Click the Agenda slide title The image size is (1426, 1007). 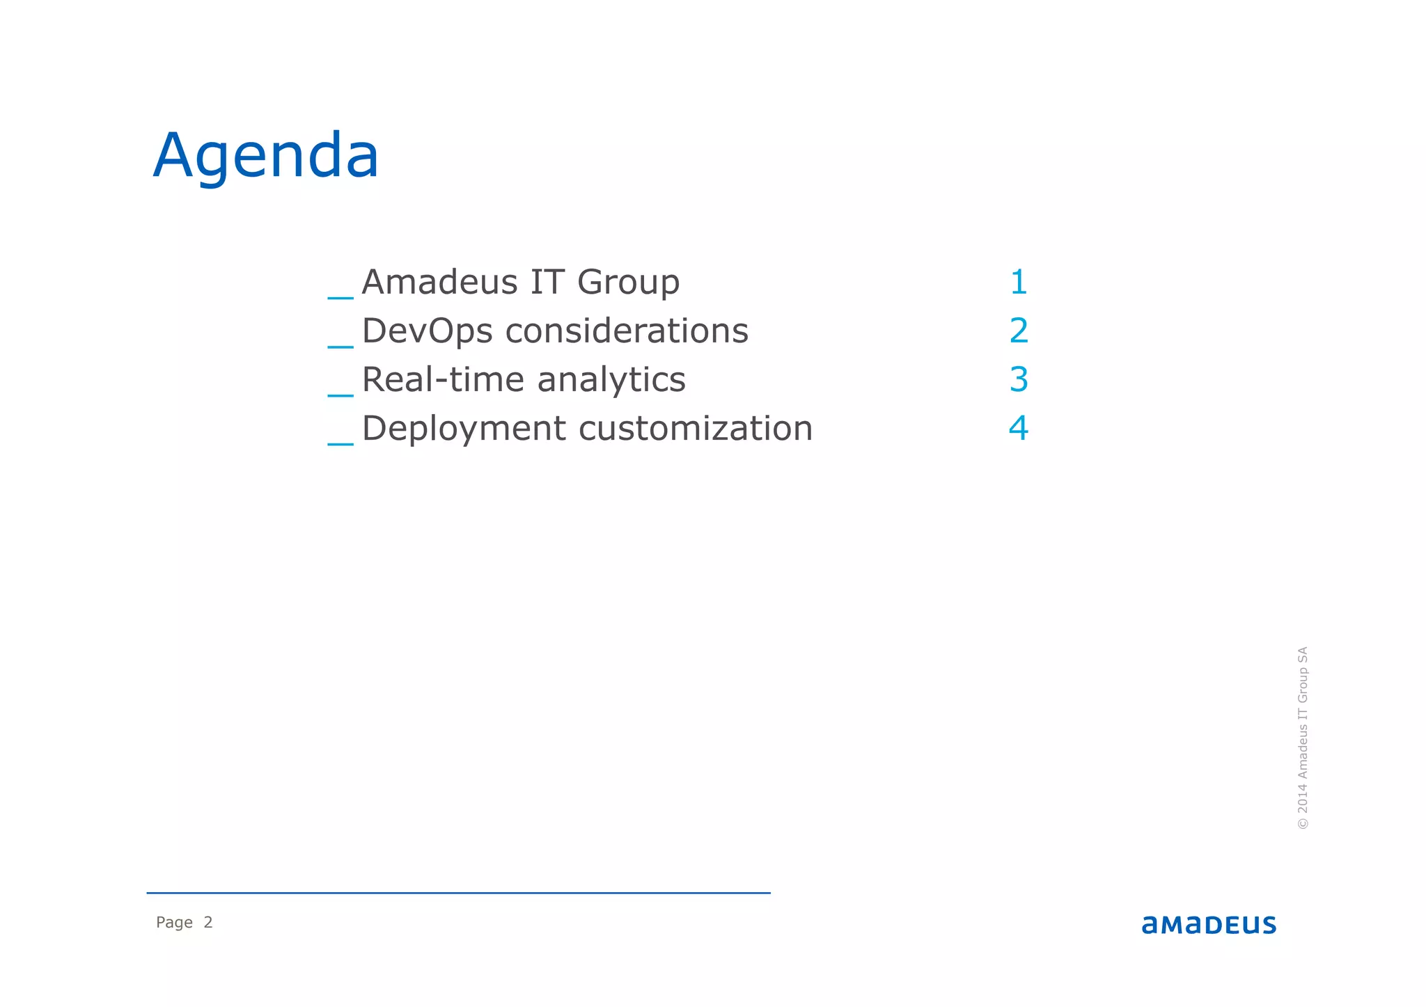pos(266,156)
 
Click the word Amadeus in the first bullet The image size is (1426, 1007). pos(439,283)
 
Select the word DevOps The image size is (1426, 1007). pos(427,331)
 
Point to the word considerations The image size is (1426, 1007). pos(627,331)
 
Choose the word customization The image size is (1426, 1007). pos(696,429)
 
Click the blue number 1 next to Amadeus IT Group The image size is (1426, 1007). pos(1019,283)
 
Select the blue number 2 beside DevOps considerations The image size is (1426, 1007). pos(1019,331)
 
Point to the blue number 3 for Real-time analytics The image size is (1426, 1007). pos(1019,380)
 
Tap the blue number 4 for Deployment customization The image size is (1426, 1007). pos(1019,429)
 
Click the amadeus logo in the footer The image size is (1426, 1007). pos(1209,925)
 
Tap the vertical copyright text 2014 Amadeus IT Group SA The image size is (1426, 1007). pos(1303,738)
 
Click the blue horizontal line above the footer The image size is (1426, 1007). pos(458,893)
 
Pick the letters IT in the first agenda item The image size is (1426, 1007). pos(547,283)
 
